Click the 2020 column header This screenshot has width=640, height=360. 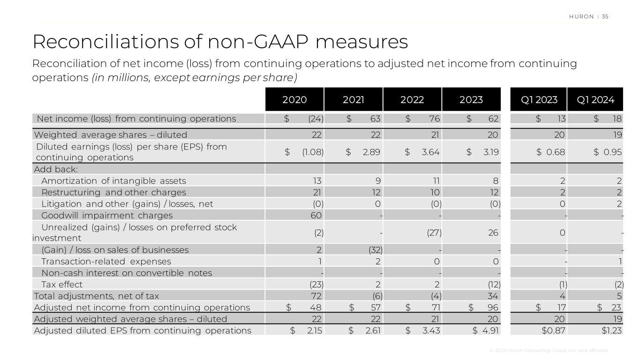294,99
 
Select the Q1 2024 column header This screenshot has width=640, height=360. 595,99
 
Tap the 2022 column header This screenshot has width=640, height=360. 412,99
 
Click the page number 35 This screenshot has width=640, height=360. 605,16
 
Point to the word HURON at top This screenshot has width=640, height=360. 581,16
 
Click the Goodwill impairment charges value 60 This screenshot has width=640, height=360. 317,216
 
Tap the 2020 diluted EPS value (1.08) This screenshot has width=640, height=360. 313,152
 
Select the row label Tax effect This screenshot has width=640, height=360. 62,285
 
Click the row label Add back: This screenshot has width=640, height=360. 56,169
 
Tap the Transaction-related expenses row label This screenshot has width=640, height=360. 106,262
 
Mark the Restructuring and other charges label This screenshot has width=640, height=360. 113,193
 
